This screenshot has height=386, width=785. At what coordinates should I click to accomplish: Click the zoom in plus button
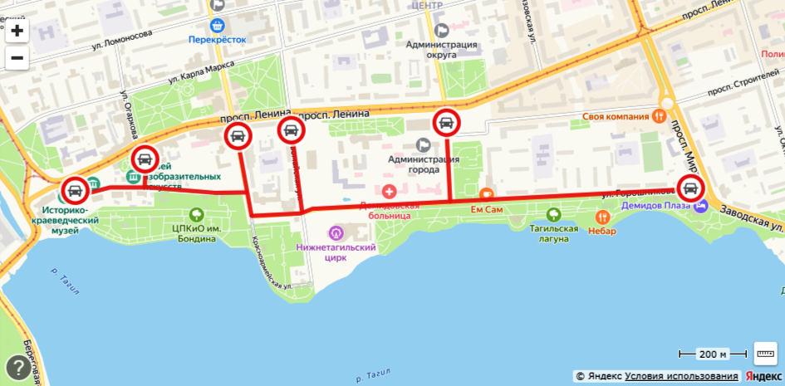tap(17, 32)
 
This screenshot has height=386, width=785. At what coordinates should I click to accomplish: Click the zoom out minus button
tap(17, 58)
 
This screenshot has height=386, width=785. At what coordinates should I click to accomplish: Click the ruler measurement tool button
tap(765, 354)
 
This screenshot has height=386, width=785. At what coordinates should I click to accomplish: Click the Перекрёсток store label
tap(218, 38)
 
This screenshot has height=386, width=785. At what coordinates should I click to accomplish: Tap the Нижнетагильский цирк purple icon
tap(336, 232)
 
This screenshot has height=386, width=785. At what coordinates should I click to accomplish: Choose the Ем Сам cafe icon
tap(487, 194)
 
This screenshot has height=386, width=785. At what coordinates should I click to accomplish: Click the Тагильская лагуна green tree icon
tap(555, 215)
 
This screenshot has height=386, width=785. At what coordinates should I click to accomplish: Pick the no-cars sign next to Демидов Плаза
tap(690, 188)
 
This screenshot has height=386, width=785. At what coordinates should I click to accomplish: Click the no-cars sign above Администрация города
tap(446, 124)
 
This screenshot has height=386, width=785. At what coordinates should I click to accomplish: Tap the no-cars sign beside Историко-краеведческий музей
tap(75, 191)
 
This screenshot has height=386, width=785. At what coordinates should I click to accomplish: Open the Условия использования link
tap(681, 376)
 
